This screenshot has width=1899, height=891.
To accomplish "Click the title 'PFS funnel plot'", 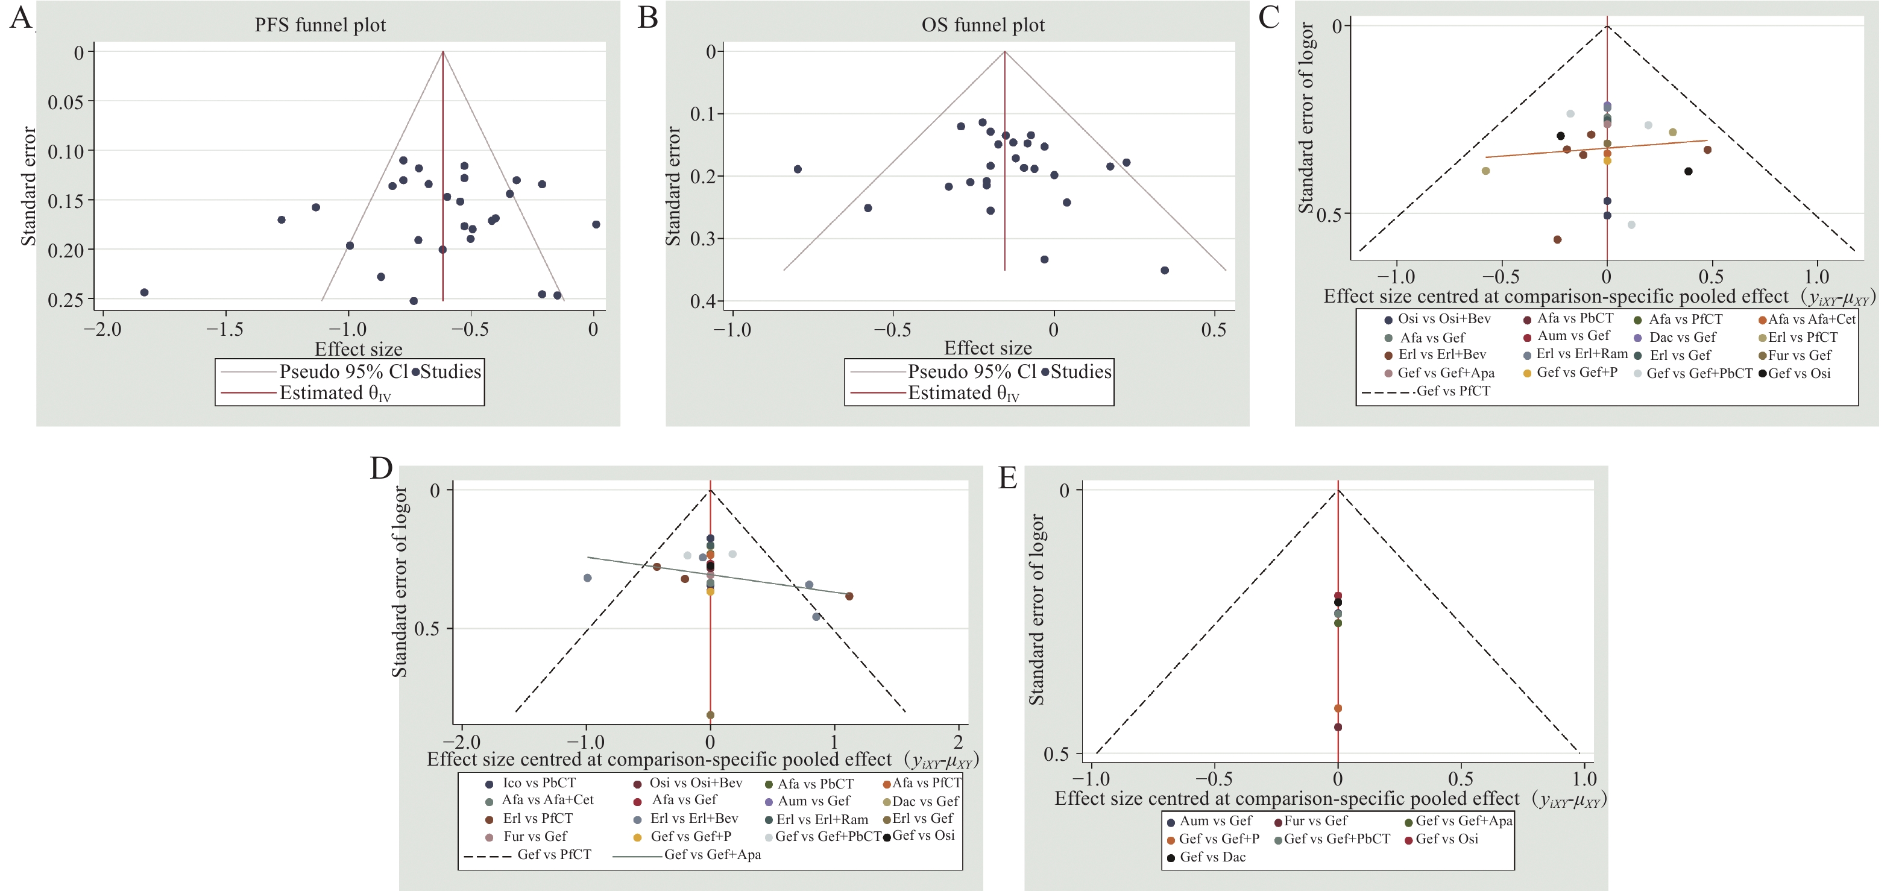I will coord(320,25).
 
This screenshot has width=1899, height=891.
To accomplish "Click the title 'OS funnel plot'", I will coord(983,25).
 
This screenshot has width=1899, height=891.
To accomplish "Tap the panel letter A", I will coord(20,16).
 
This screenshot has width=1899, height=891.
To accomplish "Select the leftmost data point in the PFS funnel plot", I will coord(145,292).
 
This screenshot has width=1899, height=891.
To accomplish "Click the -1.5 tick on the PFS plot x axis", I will coord(225,329).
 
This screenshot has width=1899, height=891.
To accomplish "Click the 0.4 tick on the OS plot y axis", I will coord(705,301).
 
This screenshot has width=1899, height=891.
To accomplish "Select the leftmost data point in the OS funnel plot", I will coord(798,169).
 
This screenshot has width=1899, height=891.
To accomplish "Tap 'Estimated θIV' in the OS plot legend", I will coord(963,394).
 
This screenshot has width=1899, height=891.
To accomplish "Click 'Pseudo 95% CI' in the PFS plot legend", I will coord(343,371).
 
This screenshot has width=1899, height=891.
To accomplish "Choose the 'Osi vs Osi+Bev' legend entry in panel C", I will coord(1443,319).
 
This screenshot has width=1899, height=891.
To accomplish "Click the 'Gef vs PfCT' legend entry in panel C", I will coord(1452,391).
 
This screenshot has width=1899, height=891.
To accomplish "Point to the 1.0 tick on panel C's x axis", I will coord(1816,277).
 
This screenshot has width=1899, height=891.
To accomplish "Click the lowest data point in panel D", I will coord(711,715).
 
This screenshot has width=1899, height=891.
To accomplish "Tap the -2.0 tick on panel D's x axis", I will coord(462,741).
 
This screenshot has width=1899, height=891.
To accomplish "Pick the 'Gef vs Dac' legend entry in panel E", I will coord(1212,857).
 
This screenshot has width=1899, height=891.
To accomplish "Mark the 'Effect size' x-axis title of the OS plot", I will coord(988,348).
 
